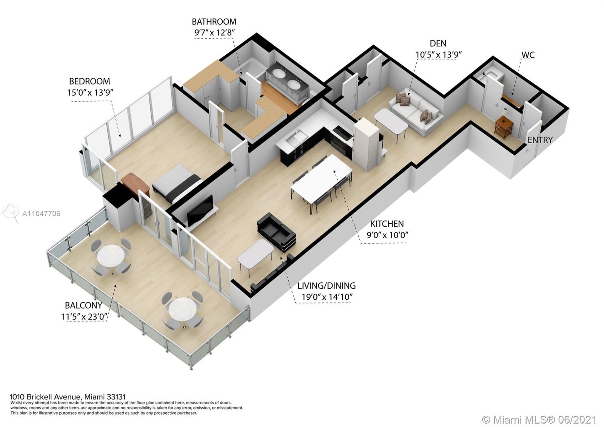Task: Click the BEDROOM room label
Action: tap(89, 81)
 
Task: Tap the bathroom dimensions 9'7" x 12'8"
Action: tap(214, 32)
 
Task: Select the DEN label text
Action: tap(438, 43)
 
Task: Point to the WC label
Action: tap(528, 55)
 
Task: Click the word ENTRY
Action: tap(540, 140)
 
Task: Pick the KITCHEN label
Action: tap(387, 224)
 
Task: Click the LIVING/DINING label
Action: tap(327, 286)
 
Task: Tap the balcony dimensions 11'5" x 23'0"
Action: tap(85, 316)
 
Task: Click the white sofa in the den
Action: tap(416, 112)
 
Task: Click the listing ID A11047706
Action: tap(41, 214)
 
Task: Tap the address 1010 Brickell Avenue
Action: tap(45, 397)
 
